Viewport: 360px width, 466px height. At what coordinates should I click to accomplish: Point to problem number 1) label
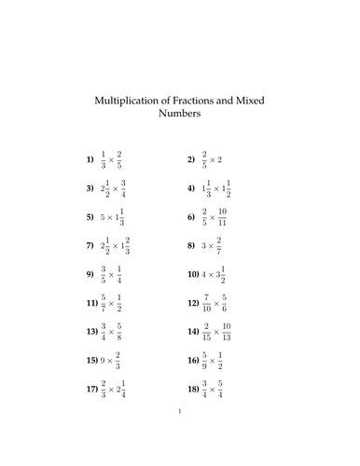(90, 159)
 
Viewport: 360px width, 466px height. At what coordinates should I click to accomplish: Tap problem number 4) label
(192, 187)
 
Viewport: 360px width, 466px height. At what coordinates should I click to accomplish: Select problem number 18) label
(192, 389)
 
